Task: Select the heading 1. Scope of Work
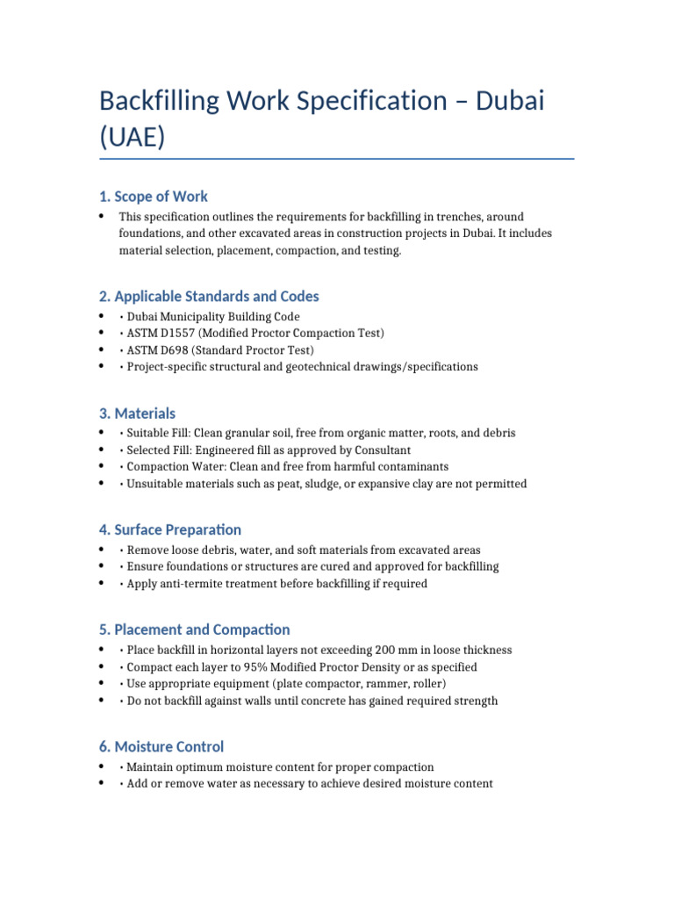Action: pos(154,196)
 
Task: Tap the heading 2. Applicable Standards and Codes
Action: pos(209,296)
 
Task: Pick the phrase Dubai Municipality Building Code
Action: pos(213,317)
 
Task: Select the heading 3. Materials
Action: pos(137,413)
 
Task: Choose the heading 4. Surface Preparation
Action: pos(170,529)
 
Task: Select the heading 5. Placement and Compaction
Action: pos(194,629)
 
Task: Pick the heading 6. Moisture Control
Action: pos(161,746)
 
